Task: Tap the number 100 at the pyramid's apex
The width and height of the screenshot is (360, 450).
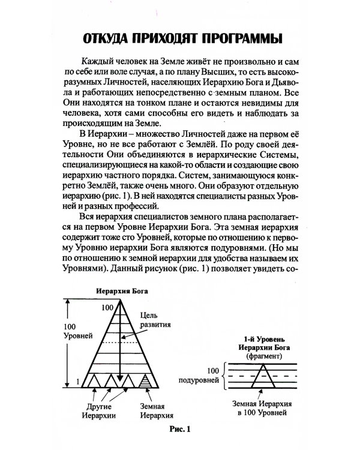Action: click(x=107, y=307)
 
